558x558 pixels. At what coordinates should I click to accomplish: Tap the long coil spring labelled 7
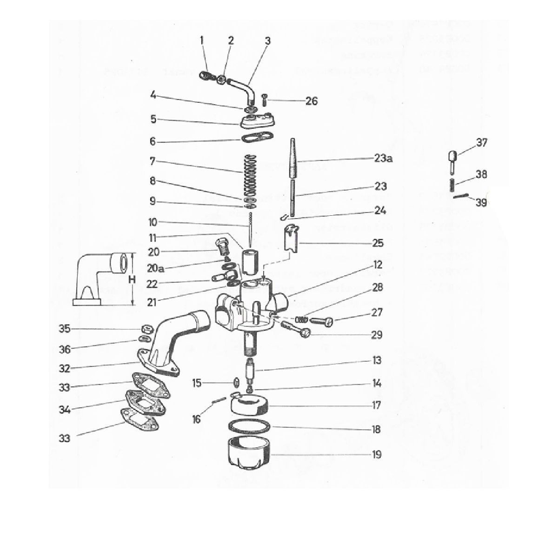[251, 174]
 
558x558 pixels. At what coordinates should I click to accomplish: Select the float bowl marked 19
[250, 453]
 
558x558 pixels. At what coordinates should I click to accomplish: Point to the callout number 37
[482, 143]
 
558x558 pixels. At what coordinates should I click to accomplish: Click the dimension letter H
[132, 279]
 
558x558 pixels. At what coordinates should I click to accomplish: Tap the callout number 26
[311, 100]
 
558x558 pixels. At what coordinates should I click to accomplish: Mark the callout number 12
[377, 265]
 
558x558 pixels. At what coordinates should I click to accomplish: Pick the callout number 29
[377, 334]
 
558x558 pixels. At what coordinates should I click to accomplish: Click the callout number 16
[197, 419]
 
